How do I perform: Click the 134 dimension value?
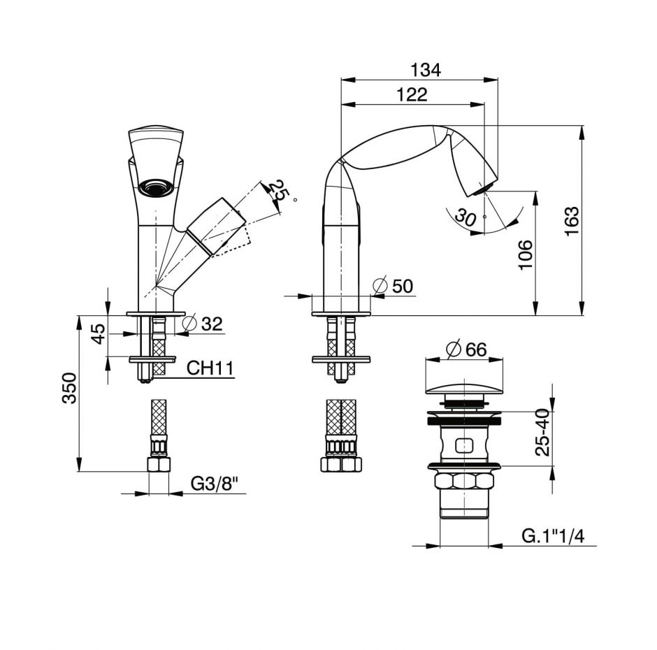426,70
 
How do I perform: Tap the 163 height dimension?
571,222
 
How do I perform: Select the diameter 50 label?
394,286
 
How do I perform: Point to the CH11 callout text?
210,368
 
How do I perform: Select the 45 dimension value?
100,333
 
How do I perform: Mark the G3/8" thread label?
213,483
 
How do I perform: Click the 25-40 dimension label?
542,433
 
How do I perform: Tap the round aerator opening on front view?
155,187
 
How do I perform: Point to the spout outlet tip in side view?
482,188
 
